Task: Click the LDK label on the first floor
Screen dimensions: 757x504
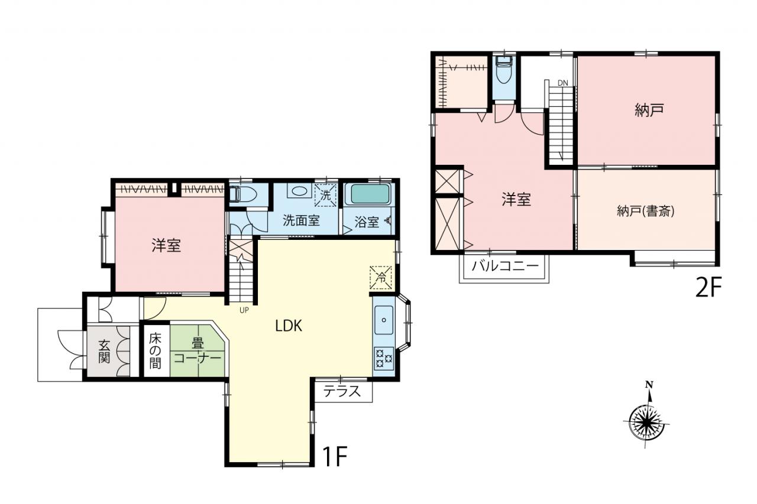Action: (x=289, y=326)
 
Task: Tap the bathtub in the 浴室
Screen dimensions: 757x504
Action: (x=369, y=194)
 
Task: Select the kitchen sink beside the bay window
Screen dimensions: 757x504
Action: (x=384, y=320)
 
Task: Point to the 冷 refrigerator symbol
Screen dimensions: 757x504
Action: (x=381, y=278)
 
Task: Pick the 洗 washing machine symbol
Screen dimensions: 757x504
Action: (x=325, y=195)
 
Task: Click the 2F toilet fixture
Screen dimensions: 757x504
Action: (x=504, y=70)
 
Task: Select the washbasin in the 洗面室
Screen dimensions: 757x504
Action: (x=299, y=191)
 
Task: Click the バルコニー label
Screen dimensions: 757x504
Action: (x=505, y=266)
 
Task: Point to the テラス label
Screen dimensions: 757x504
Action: (x=342, y=392)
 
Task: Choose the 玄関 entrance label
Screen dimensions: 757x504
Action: (x=104, y=352)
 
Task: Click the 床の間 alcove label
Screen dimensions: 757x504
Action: (x=155, y=351)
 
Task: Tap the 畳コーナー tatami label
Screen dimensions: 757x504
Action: (x=198, y=351)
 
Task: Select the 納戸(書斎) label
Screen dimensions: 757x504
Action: (x=646, y=212)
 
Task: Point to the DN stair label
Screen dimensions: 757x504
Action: (x=562, y=83)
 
